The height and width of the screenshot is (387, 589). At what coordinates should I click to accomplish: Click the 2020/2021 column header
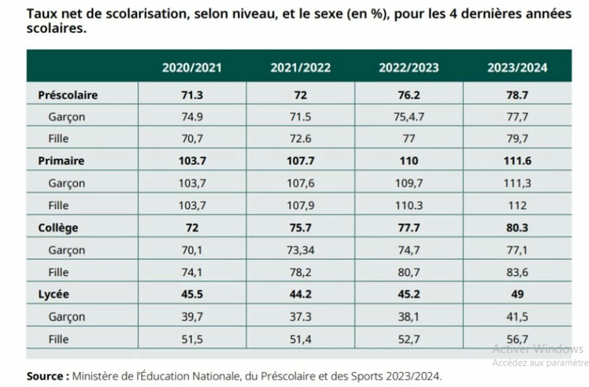click(191, 68)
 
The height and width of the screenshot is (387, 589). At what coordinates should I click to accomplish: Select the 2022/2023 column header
click(409, 68)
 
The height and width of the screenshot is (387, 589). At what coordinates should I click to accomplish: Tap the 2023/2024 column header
click(517, 68)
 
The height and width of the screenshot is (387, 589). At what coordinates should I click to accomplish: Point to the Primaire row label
click(61, 160)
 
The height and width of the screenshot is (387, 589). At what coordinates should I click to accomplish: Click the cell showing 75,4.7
click(409, 116)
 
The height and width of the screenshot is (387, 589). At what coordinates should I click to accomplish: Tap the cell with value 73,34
click(300, 249)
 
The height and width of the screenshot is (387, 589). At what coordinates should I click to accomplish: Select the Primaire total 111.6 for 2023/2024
click(517, 160)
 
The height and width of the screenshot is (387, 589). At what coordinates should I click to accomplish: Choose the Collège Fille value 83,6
click(517, 271)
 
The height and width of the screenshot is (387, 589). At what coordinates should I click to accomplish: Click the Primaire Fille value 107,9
click(300, 205)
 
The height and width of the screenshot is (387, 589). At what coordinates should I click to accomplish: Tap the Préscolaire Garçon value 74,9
click(191, 116)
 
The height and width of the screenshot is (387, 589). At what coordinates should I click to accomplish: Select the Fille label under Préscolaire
click(59, 138)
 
